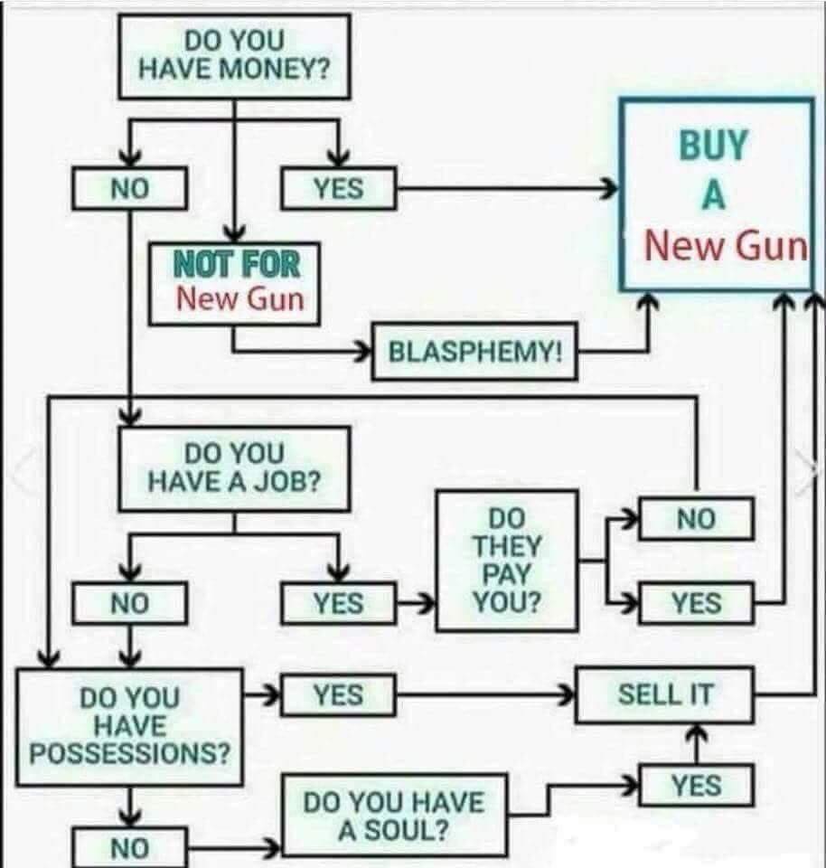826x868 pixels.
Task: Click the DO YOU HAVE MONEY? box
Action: (x=235, y=55)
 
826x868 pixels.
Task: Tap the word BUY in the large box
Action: (x=714, y=146)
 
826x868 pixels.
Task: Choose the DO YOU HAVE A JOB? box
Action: (x=234, y=467)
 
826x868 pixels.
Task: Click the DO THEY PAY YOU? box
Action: (x=506, y=560)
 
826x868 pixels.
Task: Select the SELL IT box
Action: (x=664, y=695)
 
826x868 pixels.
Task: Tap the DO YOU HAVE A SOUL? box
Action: (x=394, y=816)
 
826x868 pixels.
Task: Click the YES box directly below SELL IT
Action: (x=696, y=785)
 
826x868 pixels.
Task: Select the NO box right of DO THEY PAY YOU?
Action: (x=696, y=519)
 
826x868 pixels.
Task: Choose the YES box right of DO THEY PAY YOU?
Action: (x=696, y=603)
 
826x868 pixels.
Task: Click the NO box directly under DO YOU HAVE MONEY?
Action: (x=130, y=189)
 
